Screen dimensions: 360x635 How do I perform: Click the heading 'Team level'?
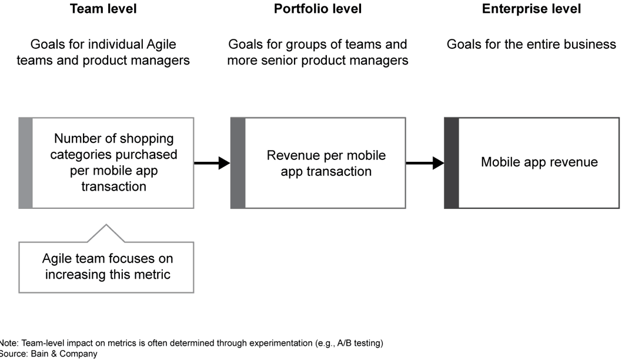pos(103,9)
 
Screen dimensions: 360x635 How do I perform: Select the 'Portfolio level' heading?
pos(317,9)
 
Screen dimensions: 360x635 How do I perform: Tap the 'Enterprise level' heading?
pos(531,9)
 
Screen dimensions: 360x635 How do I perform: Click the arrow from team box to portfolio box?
pos(212,163)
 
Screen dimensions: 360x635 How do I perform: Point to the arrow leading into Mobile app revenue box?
pos(425,163)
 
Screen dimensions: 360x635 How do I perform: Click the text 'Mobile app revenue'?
pos(539,162)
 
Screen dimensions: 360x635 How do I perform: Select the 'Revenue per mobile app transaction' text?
pos(326,164)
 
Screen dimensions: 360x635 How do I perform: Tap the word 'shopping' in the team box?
pos(146,139)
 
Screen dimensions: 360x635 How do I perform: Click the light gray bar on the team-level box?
pos(25,163)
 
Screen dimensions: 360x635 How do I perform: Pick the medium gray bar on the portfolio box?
pos(238,163)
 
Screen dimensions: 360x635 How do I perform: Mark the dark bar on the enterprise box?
pos(451,163)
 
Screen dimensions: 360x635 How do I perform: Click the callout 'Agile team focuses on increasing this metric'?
pos(107,266)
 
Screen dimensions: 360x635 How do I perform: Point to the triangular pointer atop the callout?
pos(106,232)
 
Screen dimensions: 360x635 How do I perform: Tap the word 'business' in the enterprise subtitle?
pos(589,45)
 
